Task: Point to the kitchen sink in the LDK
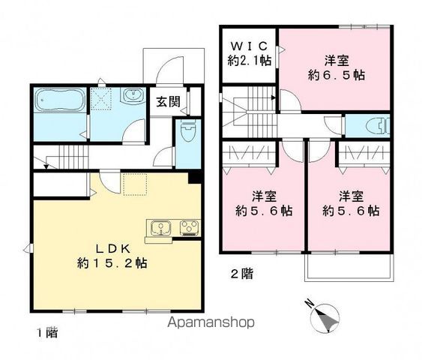click(x=160, y=228)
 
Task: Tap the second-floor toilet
click(x=378, y=125)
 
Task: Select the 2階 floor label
click(x=240, y=274)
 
